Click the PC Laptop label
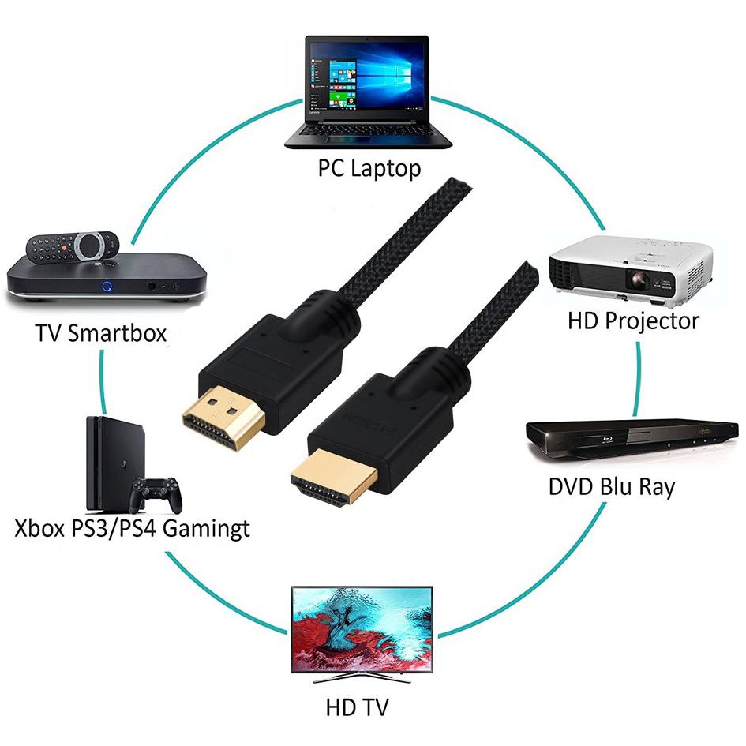tap(369, 169)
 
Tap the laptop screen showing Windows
tap(366, 80)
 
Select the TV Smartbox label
tap(101, 332)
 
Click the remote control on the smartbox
tap(73, 246)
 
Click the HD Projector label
tap(633, 321)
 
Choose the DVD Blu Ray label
tap(612, 487)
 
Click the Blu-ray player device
tap(632, 439)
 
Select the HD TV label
tap(357, 707)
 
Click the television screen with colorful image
tap(362, 630)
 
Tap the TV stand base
tap(362, 678)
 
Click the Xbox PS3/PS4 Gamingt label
tap(133, 529)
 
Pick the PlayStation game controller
tap(156, 494)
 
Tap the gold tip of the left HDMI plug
tap(223, 418)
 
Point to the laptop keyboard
tap(367, 129)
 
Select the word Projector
tap(652, 321)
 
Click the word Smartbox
tap(117, 332)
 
